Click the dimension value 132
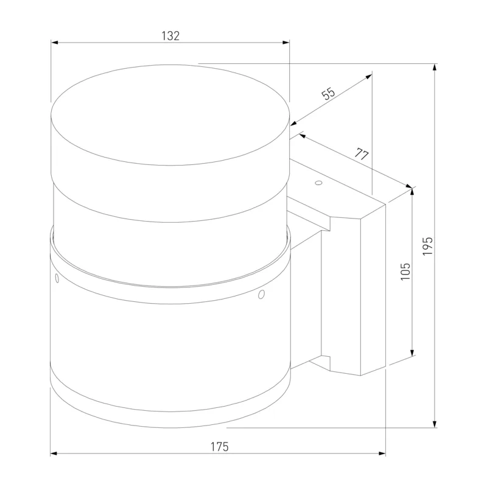(170, 36)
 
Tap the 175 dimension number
(220, 447)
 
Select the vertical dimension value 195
(428, 246)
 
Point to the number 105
(405, 272)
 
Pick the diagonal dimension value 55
(329, 94)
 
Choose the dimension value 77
(362, 154)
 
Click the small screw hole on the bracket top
(318, 183)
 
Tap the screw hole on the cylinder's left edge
(57, 278)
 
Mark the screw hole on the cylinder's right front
(262, 294)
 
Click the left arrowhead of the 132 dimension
(54, 42)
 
